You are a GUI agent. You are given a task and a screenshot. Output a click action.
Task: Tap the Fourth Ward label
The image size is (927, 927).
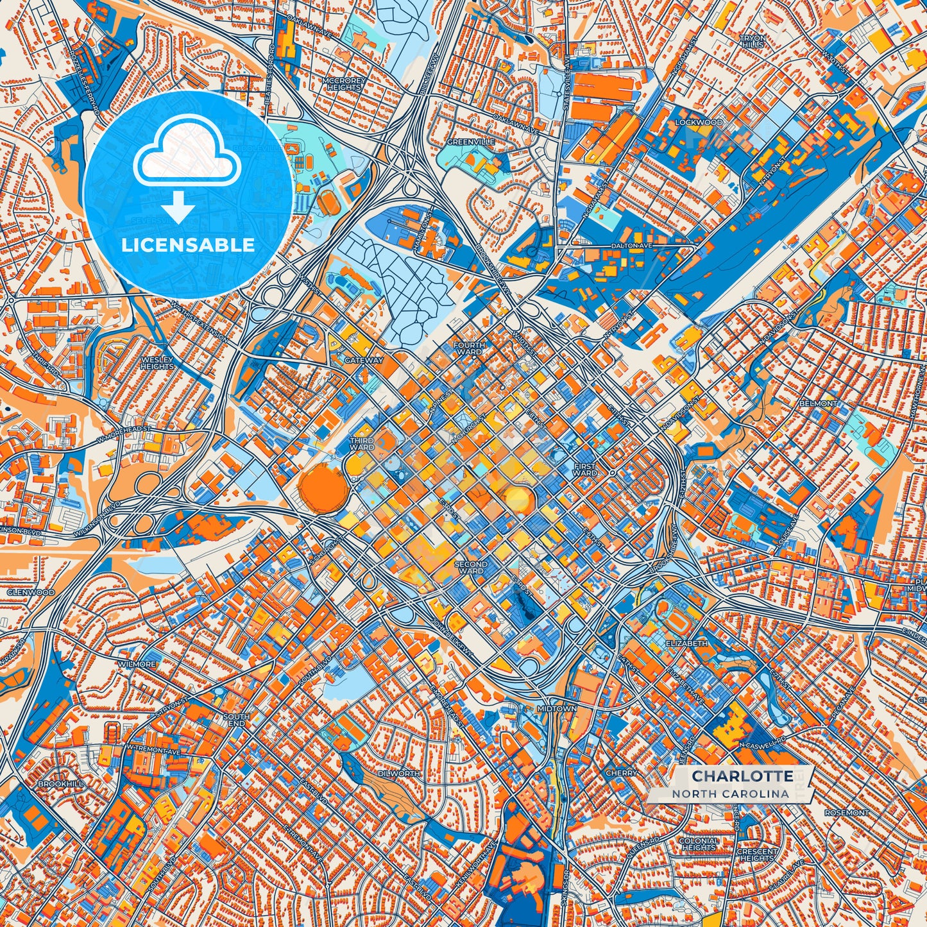tap(469, 348)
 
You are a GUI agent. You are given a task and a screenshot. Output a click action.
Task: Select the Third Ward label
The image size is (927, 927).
tap(362, 444)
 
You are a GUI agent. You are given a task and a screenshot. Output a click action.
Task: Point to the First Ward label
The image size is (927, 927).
tap(584, 470)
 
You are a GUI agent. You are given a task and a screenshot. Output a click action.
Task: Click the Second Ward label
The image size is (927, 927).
tap(472, 567)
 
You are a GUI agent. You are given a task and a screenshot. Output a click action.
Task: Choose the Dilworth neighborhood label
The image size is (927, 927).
tap(399, 774)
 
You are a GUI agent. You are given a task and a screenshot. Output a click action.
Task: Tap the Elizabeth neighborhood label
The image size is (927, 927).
tap(687, 643)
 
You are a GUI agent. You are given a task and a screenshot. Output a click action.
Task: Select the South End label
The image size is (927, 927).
tap(236, 720)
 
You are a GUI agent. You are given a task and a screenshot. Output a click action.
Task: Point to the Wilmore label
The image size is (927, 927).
tap(137, 664)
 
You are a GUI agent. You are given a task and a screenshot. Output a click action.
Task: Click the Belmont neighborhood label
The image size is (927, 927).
tap(818, 404)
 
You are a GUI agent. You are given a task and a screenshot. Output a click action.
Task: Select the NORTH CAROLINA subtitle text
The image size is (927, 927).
tap(731, 794)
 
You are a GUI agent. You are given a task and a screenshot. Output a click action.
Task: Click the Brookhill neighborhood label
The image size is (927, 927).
tap(60, 784)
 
